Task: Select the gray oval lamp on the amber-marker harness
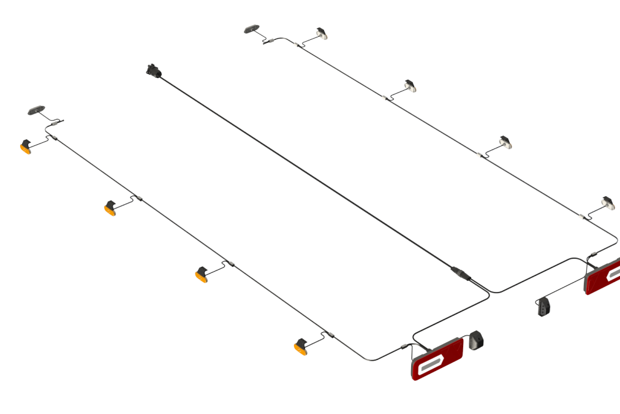[38, 110]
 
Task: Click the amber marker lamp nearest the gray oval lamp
[26, 147]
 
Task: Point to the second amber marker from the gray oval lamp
[110, 208]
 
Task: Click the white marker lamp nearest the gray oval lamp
[322, 34]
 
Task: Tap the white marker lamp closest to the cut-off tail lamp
[607, 202]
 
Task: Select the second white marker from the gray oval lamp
[410, 86]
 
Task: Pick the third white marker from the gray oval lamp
[505, 142]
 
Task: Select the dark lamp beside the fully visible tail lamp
[476, 340]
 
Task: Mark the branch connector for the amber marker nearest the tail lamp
[329, 335]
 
